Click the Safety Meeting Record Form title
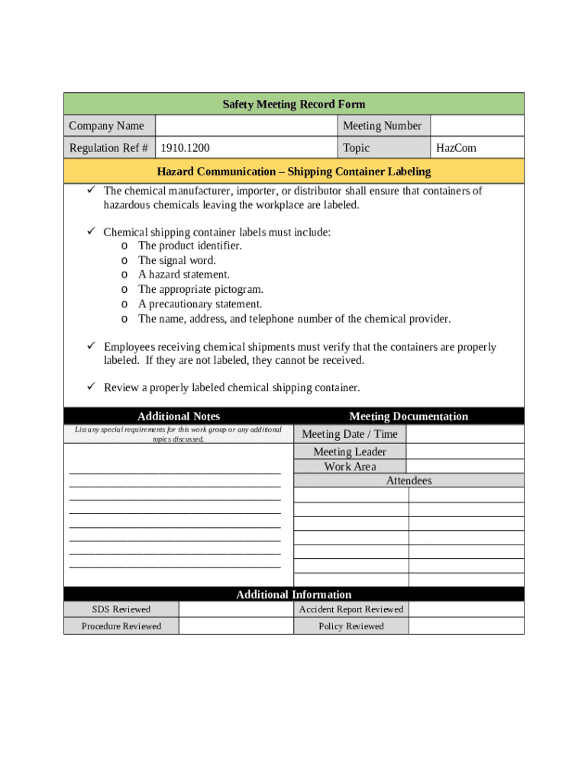(294, 104)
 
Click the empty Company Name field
(246, 126)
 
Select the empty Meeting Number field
(477, 126)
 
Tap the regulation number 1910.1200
(185, 148)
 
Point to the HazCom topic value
(456, 148)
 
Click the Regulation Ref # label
(108, 148)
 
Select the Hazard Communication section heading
(294, 172)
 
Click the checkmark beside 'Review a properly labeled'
(89, 387)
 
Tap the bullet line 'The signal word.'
(177, 260)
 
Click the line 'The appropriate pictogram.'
(200, 289)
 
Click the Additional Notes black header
(179, 416)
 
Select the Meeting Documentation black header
(409, 416)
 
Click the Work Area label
(350, 467)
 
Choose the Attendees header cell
(409, 480)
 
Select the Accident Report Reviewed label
(351, 609)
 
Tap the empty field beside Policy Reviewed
(466, 626)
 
